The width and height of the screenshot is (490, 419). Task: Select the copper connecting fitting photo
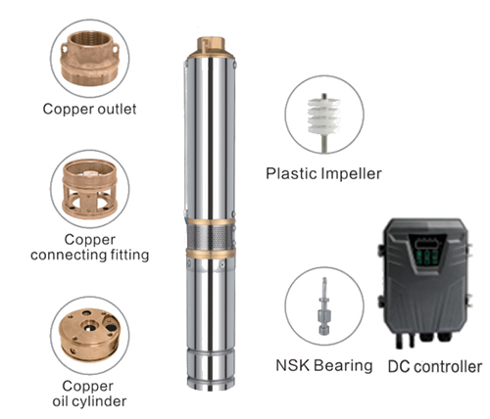click(x=89, y=189)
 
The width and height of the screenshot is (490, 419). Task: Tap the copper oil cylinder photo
click(x=89, y=335)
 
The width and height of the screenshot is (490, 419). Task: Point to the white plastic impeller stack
click(x=324, y=116)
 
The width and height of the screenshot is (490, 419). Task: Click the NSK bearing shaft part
click(x=324, y=306)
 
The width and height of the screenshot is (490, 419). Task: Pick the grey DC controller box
click(x=425, y=283)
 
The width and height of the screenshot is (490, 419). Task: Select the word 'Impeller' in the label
click(x=352, y=173)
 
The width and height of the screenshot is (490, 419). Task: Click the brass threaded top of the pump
click(x=211, y=46)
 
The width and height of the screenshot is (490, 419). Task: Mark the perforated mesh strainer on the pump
click(x=211, y=237)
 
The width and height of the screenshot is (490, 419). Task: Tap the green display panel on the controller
click(x=427, y=256)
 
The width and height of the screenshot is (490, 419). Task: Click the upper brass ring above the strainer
click(x=211, y=222)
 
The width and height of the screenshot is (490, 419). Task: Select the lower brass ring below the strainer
click(x=211, y=254)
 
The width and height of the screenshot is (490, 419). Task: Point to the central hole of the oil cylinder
click(x=89, y=326)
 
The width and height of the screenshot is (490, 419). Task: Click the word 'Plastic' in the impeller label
click(x=291, y=173)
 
